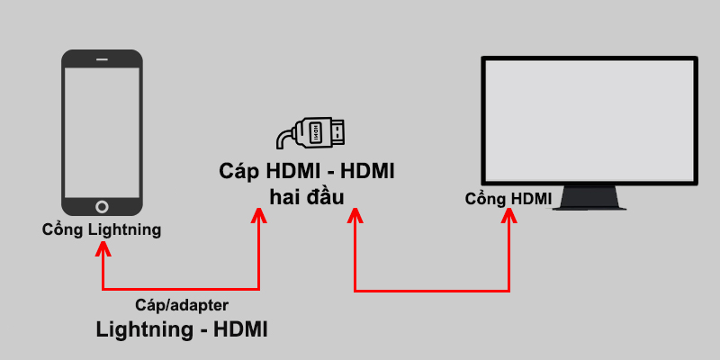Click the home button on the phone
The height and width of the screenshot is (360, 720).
tap(102, 205)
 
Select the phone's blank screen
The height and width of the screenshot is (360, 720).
tap(102, 130)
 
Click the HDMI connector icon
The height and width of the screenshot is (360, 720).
tap(310, 134)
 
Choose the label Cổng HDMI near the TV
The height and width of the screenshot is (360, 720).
tap(508, 198)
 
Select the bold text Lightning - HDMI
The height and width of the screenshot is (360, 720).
tap(182, 330)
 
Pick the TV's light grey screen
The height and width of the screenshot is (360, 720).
tap(589, 120)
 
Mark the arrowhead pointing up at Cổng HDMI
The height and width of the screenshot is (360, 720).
tap(510, 216)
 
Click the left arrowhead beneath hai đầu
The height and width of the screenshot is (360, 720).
tap(259, 215)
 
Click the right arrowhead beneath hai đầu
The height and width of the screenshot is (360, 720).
tap(355, 216)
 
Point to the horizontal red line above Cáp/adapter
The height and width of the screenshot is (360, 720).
tap(180, 290)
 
